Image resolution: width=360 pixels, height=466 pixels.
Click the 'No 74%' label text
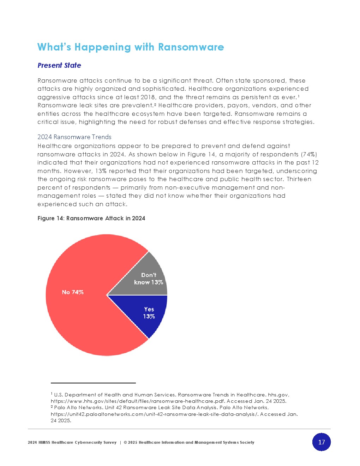[x=73, y=292]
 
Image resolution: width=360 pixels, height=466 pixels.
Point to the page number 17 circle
[x=322, y=442]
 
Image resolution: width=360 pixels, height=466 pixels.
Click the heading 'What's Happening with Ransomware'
[x=131, y=47]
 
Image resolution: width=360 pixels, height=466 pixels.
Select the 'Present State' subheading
[x=59, y=65]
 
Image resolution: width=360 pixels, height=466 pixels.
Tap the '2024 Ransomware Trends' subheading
[x=74, y=137]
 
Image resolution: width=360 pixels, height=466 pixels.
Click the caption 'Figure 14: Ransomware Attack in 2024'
[x=91, y=218]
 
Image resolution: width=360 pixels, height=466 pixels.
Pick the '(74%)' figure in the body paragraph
[x=309, y=154]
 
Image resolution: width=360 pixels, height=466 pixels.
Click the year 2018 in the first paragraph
[x=148, y=97]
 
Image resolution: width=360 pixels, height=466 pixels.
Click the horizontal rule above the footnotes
[x=93, y=383]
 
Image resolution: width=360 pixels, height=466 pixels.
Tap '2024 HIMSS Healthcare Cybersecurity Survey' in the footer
[x=72, y=442]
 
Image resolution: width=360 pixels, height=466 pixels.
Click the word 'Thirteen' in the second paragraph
[x=299, y=179]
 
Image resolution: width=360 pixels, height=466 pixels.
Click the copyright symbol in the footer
[x=125, y=442]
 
